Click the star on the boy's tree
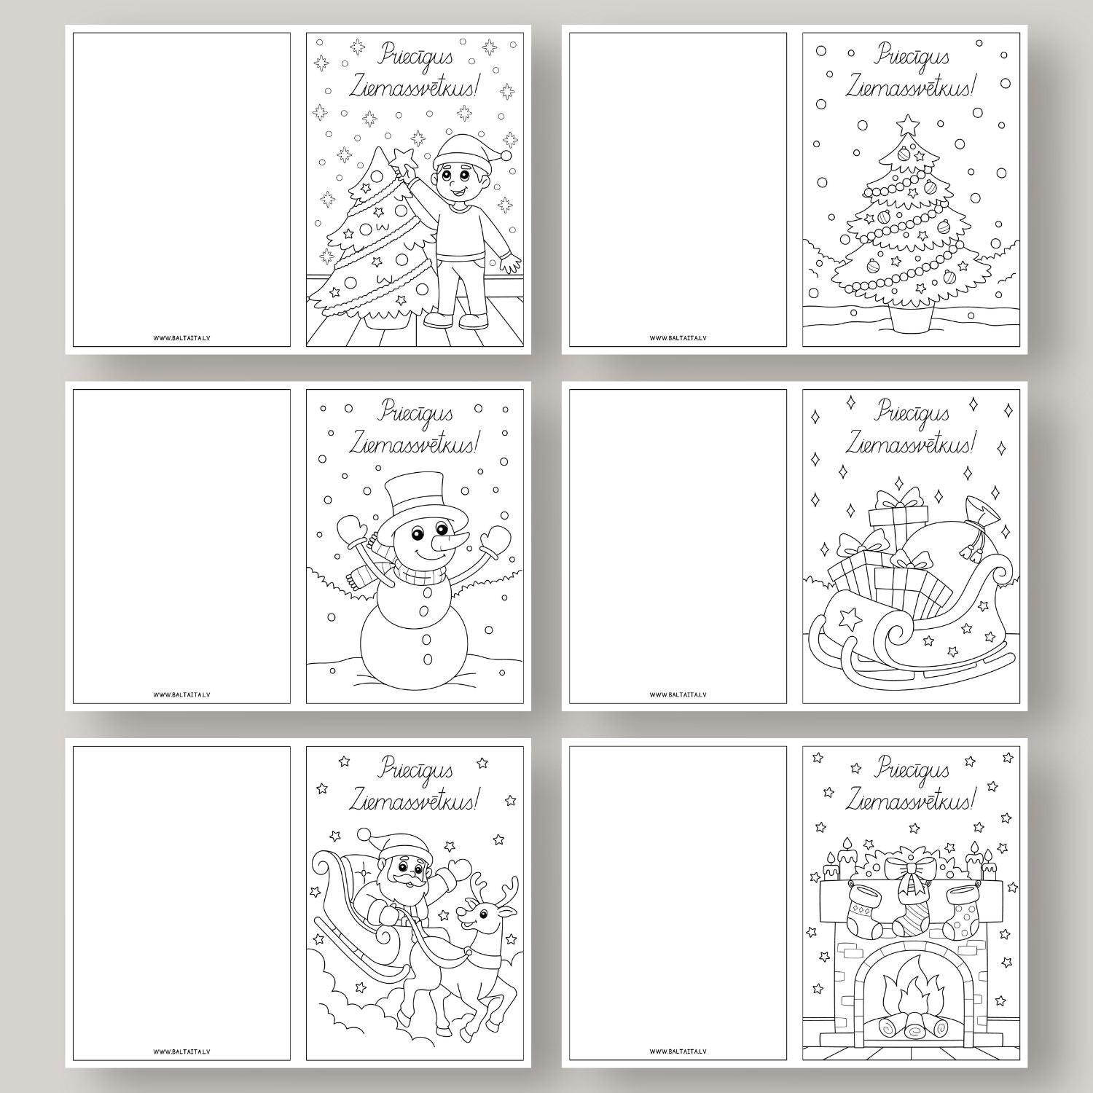coord(401,157)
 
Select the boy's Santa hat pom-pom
coord(506,156)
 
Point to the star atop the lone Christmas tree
coord(907,125)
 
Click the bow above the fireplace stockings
coord(906,869)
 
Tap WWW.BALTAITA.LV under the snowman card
coord(182,694)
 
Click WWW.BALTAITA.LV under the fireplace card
coord(678,1051)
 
